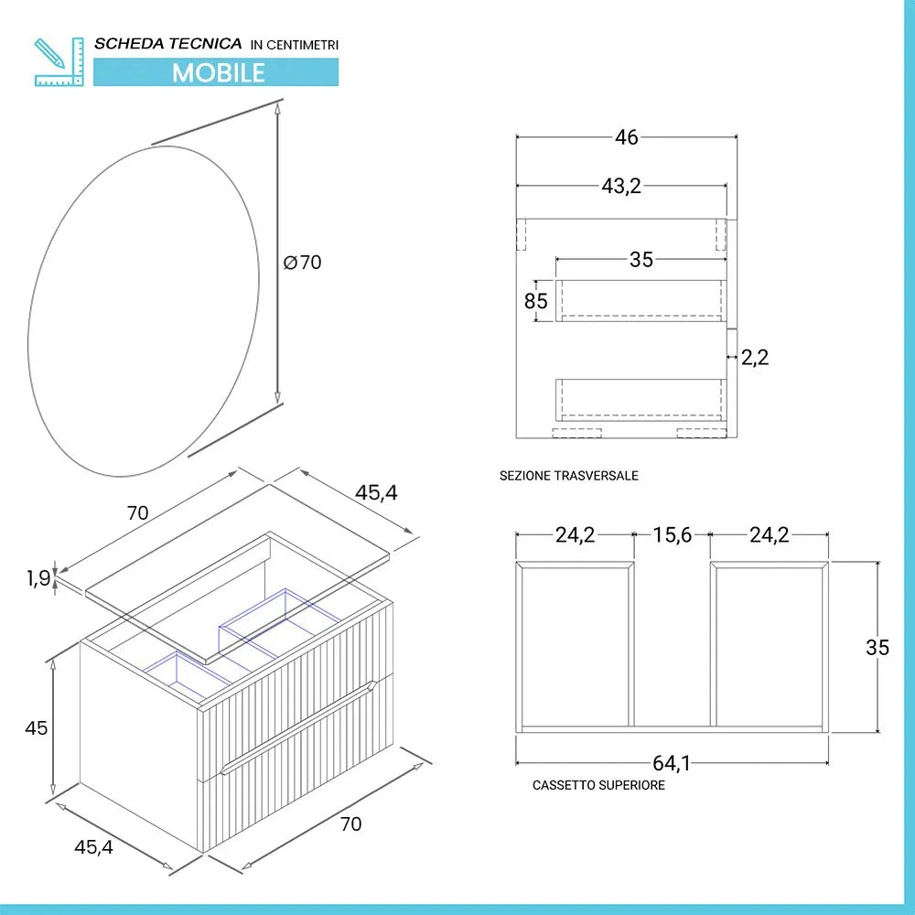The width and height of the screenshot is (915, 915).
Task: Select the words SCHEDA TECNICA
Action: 168,43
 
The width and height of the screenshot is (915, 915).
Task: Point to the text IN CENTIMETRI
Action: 295,44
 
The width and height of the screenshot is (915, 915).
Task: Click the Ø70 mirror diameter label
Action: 303,263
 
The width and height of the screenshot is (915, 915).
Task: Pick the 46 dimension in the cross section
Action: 627,138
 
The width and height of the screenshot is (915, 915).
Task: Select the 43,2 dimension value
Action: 621,187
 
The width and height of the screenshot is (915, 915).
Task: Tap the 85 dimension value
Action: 536,301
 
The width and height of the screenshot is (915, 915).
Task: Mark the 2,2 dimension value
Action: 755,358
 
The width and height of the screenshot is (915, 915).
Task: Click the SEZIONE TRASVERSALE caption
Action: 569,476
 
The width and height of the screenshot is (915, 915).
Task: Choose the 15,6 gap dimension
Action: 672,535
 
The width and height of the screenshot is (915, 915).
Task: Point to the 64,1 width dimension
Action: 672,762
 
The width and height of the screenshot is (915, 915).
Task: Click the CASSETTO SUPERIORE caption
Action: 598,785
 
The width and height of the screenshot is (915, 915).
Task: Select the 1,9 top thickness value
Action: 38,577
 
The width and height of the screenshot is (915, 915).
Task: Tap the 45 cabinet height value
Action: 37,728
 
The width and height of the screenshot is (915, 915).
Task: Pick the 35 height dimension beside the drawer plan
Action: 877,647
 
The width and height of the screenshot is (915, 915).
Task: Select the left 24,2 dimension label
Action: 575,535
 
